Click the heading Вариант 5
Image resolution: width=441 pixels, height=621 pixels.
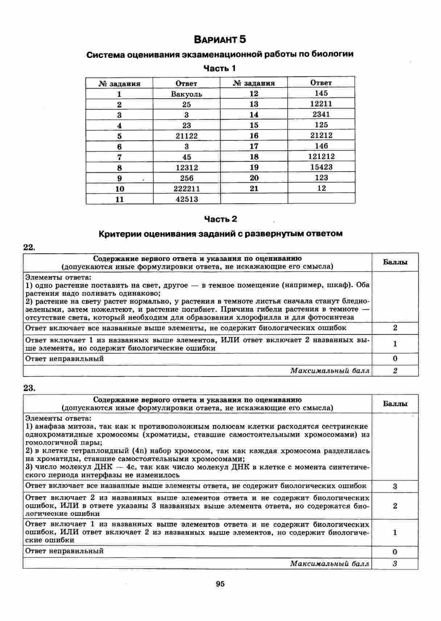click(220, 39)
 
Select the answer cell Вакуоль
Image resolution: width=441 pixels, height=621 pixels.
click(186, 94)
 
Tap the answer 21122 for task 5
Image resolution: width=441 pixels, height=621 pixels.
click(186, 136)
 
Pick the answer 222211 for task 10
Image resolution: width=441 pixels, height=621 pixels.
click(186, 189)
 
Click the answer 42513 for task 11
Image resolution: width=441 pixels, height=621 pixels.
click(186, 199)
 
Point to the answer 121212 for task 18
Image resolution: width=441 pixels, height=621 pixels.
click(321, 156)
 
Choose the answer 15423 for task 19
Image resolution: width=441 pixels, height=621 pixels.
click(321, 167)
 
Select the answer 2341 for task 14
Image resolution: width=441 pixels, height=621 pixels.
click(321, 114)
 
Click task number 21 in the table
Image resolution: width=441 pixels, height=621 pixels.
click(254, 188)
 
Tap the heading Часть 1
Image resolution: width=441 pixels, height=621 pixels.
click(220, 68)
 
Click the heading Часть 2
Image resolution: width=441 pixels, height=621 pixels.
click(220, 219)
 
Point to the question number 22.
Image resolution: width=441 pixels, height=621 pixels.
click(29, 247)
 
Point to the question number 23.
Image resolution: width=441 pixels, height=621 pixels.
click(29, 388)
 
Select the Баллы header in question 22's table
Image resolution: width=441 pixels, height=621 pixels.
click(395, 262)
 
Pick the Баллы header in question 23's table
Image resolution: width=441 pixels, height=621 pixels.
click(395, 404)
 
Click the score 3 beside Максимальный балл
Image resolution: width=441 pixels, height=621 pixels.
click(395, 564)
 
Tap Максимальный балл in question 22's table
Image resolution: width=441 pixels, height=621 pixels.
click(330, 371)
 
